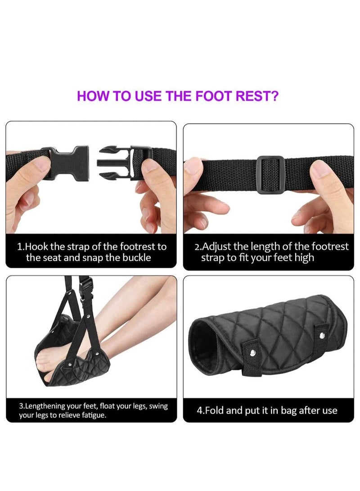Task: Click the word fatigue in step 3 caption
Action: [92, 414]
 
